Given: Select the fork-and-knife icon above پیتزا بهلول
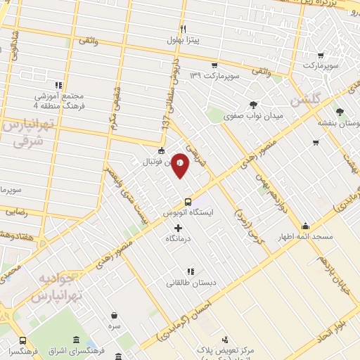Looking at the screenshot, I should (x=184, y=29).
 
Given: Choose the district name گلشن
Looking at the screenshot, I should (x=322, y=101).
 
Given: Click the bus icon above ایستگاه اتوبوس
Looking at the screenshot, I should (x=187, y=201).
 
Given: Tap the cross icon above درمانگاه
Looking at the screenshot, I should (x=177, y=228).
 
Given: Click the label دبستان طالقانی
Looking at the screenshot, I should (x=186, y=283).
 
